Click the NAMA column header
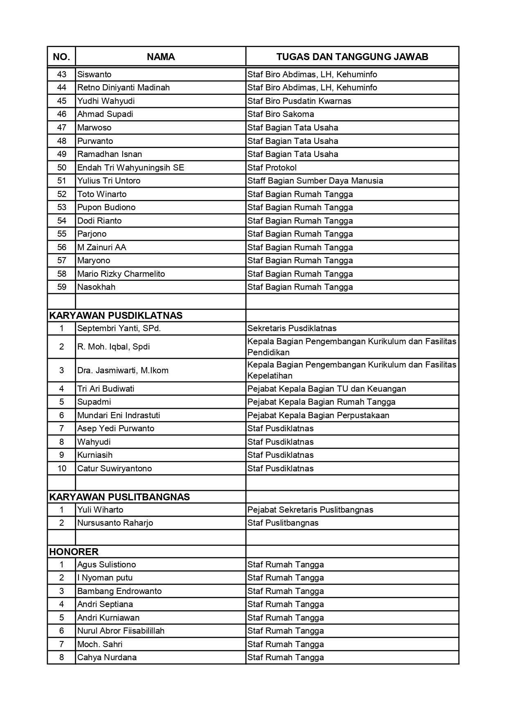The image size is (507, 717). (x=161, y=57)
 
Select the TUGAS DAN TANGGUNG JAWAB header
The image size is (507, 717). (x=352, y=57)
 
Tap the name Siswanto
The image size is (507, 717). (x=94, y=74)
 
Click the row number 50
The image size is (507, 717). (x=62, y=168)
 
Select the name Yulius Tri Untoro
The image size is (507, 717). (x=109, y=181)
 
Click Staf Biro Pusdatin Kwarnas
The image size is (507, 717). (x=299, y=101)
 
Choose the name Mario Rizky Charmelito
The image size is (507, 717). (x=121, y=274)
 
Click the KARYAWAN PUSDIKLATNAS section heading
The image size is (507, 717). (x=116, y=316)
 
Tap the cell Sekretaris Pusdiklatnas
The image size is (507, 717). (x=292, y=328)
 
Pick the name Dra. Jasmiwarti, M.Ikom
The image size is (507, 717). (x=123, y=370)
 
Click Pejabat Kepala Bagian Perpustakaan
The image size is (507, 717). (x=318, y=415)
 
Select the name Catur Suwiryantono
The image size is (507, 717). (x=114, y=468)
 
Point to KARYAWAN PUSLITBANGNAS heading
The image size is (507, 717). (x=119, y=497)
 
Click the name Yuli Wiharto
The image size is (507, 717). (x=100, y=510)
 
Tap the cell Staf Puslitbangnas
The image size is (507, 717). (x=283, y=523)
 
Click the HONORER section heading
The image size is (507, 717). (x=74, y=552)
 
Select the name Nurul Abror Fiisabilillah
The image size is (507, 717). (x=121, y=631)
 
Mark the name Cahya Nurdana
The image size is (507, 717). (x=107, y=657)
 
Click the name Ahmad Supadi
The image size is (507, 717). (x=105, y=114)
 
